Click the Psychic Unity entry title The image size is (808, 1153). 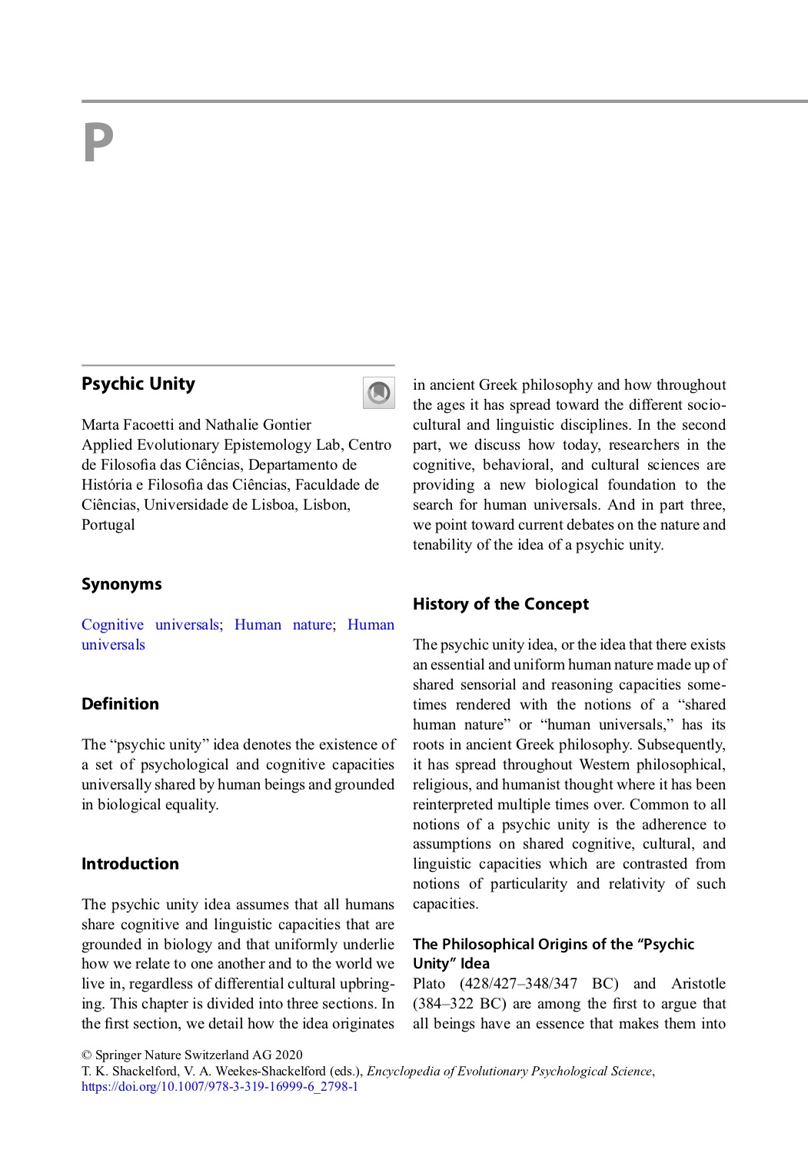coord(138,384)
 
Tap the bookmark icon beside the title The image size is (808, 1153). coord(378,393)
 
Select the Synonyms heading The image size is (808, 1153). coord(121,584)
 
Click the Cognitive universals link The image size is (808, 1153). coord(150,625)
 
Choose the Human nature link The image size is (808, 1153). coord(283,625)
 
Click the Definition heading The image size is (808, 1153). coord(120,704)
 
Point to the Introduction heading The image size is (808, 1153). coord(130,864)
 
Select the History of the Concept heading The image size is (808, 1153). coord(500,604)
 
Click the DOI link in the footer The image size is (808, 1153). coord(220,1087)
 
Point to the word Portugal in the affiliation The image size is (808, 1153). coord(108,525)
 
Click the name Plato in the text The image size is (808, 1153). coord(429,984)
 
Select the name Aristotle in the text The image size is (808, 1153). coord(698,984)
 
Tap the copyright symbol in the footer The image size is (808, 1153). coord(86,1055)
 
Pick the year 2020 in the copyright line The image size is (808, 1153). coord(288,1055)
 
